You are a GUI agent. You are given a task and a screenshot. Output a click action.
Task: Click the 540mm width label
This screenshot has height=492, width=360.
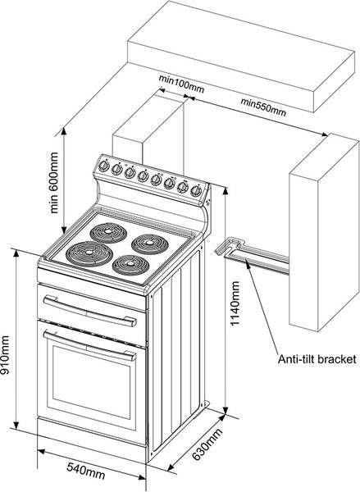pos(85,471)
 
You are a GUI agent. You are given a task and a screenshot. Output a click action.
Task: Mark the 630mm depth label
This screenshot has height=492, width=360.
pos(207,445)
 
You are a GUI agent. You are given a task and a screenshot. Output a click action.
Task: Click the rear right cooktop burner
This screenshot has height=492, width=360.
pos(145,243)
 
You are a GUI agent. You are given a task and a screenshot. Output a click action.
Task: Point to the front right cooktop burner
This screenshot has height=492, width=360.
pos(130,265)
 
